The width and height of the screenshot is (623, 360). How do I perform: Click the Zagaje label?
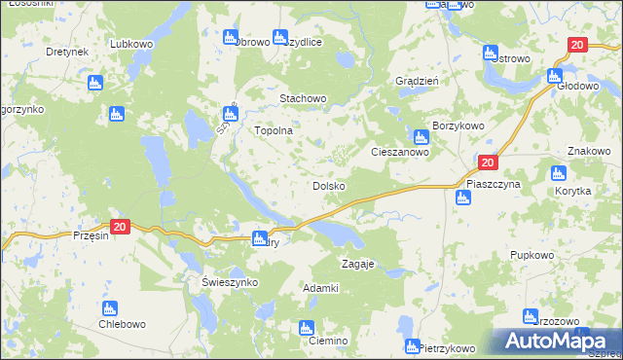click(x=357, y=265)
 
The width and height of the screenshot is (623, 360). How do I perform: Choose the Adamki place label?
click(x=320, y=288)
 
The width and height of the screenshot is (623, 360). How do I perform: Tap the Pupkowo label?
click(x=531, y=255)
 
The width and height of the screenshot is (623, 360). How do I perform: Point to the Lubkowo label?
click(x=133, y=44)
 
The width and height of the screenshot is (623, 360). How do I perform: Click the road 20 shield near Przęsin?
click(x=119, y=226)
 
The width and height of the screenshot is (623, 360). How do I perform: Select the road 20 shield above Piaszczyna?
click(x=488, y=164)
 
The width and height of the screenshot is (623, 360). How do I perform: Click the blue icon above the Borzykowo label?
click(x=421, y=138)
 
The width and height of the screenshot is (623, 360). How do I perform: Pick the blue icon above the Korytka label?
click(x=558, y=174)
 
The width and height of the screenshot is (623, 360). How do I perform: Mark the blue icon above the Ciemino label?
click(x=307, y=327)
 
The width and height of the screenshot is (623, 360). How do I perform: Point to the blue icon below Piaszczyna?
click(x=462, y=198)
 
